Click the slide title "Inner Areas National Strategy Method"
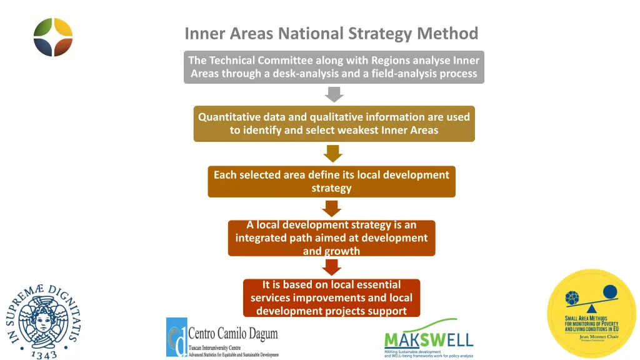331,33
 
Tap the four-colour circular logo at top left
53,37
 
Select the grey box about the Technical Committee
334,67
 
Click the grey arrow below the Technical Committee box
334,94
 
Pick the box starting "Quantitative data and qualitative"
334,124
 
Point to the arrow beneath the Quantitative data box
333,153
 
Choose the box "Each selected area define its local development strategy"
331,181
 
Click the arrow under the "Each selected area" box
332,208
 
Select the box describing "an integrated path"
331,238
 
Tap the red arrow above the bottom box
332,267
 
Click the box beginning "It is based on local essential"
331,297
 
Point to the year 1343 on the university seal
44,354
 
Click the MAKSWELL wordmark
428,340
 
